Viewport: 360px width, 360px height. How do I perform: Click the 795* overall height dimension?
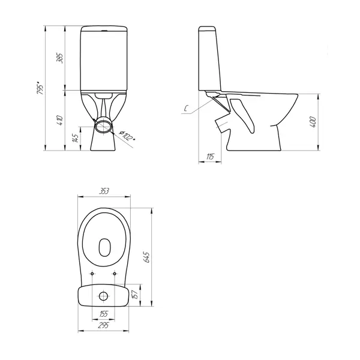pos(40,88)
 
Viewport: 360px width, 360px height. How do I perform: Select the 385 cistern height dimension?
pos(59,58)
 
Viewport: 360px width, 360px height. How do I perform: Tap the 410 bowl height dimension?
pos(60,120)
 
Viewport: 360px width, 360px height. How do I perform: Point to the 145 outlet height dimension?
pos(76,138)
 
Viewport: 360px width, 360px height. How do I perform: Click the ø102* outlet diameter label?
pos(127,136)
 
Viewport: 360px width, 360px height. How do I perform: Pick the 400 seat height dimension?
pos(313,122)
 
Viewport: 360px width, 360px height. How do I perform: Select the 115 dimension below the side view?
pos(210,157)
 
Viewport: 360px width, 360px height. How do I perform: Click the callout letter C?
pos(187,109)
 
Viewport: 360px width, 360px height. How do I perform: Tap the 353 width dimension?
pos(104,191)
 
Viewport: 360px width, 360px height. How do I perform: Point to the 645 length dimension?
pos(146,257)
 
